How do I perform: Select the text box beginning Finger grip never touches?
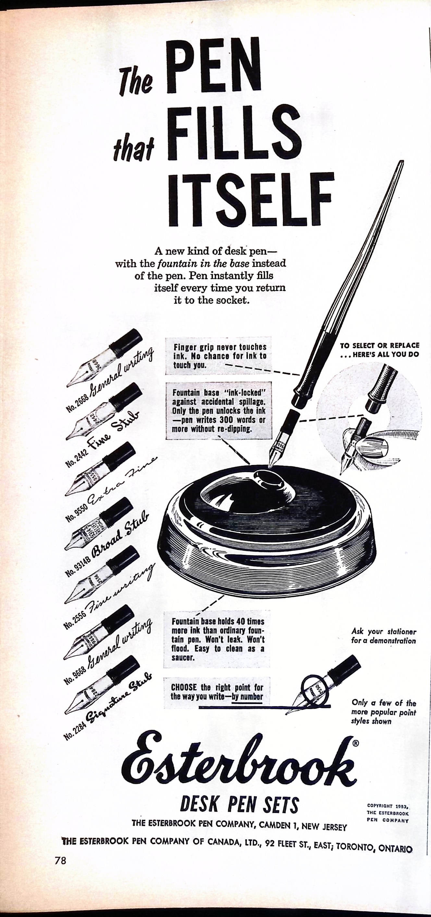[x=218, y=355]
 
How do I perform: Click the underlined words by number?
[x=247, y=696]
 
